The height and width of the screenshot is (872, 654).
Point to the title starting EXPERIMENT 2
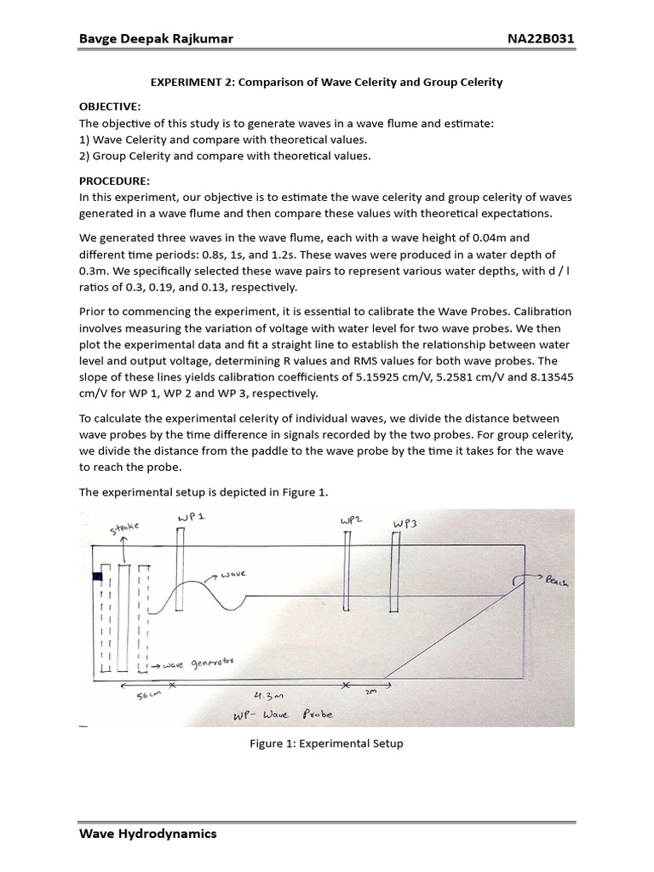[326, 83]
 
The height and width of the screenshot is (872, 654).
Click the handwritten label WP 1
[192, 519]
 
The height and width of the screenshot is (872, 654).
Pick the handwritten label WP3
[404, 524]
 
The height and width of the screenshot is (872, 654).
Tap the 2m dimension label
[370, 692]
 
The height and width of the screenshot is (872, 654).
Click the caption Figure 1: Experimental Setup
[326, 743]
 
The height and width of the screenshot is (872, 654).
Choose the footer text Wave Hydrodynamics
[147, 834]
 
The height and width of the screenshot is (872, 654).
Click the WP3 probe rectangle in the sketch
[397, 571]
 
